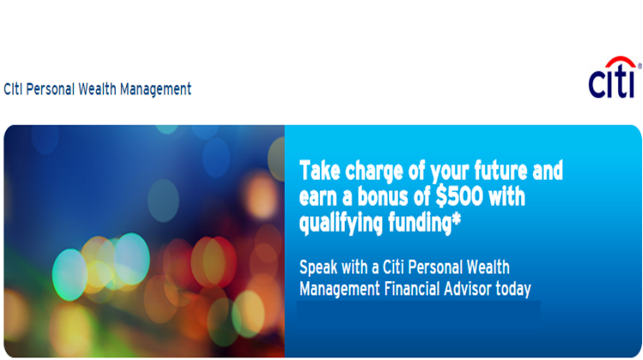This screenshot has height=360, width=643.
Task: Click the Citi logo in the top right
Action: point(611,81)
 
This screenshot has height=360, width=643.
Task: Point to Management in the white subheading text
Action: point(336,289)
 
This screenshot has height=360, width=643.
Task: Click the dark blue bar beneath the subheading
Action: point(418,311)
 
